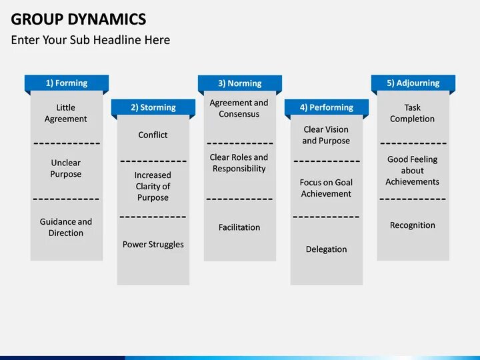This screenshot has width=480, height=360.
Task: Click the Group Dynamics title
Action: tap(79, 18)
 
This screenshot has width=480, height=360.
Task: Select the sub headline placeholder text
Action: tap(91, 40)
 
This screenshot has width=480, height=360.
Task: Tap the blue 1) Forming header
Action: tap(67, 83)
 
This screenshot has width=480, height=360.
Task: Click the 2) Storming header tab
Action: tap(153, 107)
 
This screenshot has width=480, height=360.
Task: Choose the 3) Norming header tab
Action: tap(240, 83)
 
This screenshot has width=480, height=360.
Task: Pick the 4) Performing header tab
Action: tap(327, 107)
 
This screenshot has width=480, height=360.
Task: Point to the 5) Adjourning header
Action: tap(413, 83)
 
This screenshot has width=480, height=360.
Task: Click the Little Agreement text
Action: tap(66, 113)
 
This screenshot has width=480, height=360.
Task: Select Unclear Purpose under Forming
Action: tap(66, 169)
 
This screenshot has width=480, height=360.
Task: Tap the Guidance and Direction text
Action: tap(66, 227)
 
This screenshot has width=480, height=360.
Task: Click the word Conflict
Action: tap(153, 135)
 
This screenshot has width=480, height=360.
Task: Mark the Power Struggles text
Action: tap(153, 245)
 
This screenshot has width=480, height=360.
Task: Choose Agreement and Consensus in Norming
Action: tap(239, 109)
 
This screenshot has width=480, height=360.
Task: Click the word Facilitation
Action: tap(239, 227)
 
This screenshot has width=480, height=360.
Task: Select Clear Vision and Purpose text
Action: tap(326, 135)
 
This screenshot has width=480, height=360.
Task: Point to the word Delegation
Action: tap(327, 249)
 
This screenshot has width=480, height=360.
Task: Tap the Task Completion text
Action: tap(413, 113)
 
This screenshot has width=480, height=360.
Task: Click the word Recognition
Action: tap(413, 225)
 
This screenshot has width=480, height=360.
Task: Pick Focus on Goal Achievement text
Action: tap(326, 188)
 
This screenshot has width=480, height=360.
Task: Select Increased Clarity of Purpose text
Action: tap(153, 187)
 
